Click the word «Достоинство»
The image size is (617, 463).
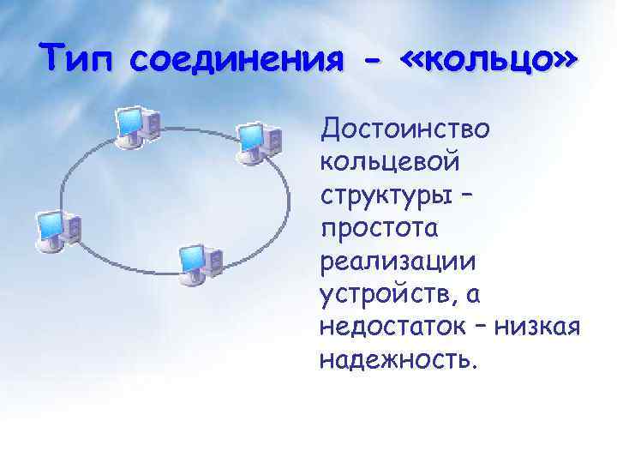click(x=404, y=129)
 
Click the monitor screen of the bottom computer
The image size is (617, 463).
click(x=191, y=256)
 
